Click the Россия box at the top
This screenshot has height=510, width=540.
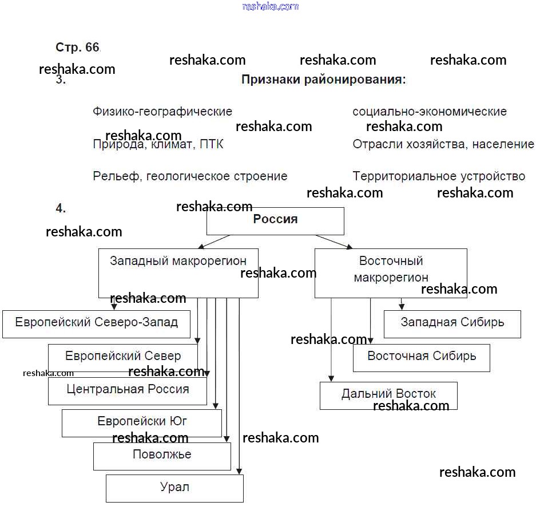point(275,221)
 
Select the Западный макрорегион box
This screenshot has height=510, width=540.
point(178,272)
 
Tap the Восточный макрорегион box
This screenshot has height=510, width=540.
point(391,272)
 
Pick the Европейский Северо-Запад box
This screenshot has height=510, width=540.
point(96,324)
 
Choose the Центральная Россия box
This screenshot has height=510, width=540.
point(128,391)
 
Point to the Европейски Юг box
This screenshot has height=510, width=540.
point(142,423)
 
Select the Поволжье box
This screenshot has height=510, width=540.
point(162,456)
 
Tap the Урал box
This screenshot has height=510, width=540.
point(174,488)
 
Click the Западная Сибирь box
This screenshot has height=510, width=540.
point(452,324)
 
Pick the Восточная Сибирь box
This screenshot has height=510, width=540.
point(421,357)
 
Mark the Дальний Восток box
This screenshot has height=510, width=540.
point(388,396)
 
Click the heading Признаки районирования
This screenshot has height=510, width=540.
point(323,80)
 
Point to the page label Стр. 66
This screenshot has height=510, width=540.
point(77,48)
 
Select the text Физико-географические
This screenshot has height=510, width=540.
point(162,112)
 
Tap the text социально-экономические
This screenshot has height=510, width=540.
point(430,112)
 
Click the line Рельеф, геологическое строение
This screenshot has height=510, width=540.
point(190,176)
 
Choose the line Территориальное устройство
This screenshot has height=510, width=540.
point(439,176)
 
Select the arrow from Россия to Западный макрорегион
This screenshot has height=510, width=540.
point(215,242)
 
